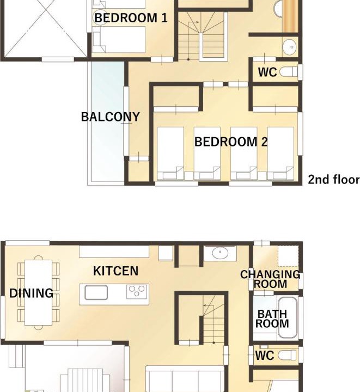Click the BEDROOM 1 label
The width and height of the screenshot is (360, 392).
tap(131, 18)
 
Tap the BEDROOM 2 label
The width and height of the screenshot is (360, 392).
tap(231, 142)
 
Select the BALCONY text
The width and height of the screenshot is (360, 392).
tap(110, 117)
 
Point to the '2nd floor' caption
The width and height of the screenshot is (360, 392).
tap(333, 180)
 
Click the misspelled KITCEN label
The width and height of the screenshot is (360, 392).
tap(115, 271)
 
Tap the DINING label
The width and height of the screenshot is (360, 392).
tap(31, 293)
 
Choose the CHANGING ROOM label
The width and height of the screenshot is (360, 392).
tap(270, 279)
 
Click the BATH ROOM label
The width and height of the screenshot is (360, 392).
tap(272, 318)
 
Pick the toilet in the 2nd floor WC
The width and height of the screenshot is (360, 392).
tap(288, 72)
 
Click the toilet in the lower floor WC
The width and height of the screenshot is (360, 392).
tap(287, 355)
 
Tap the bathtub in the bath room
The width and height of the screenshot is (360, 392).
tap(288, 317)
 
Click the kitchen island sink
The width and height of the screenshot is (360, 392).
tap(96, 292)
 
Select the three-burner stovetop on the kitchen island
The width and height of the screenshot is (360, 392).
tap(137, 292)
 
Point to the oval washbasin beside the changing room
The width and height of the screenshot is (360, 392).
tap(220, 253)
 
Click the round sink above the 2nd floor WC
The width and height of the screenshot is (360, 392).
tap(290, 47)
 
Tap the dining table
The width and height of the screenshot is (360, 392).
tap(39, 292)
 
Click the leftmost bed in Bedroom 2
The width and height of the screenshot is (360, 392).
tap(170, 153)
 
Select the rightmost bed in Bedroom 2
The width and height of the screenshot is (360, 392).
tap(280, 153)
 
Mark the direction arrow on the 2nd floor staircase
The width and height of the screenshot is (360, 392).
tap(193, 22)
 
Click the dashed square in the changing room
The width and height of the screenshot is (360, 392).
tap(288, 256)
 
